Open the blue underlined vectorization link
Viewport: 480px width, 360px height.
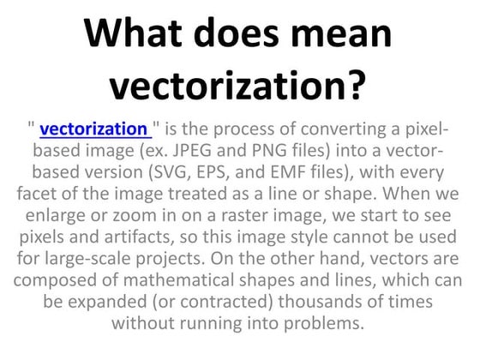tap(94, 130)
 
